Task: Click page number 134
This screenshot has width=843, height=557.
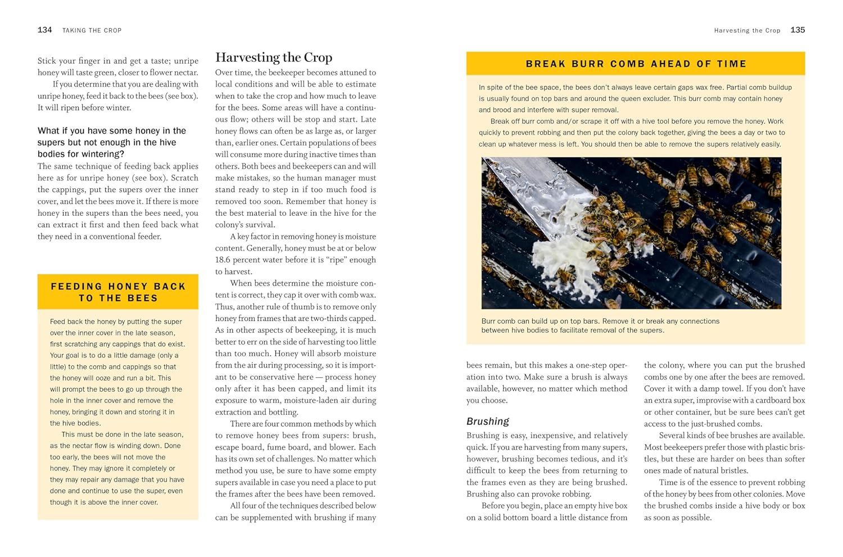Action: click(44, 30)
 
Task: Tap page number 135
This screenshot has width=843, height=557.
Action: click(797, 30)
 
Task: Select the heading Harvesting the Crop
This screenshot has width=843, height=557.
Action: click(274, 57)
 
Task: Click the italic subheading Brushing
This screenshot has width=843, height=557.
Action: click(487, 421)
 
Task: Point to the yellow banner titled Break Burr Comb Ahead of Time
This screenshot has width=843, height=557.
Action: click(636, 64)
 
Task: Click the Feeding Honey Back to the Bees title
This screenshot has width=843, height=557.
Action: click(118, 292)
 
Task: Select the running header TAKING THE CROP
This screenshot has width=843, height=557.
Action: click(92, 30)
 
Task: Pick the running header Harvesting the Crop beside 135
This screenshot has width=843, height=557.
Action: click(747, 30)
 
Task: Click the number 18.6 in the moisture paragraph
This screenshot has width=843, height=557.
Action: click(225, 260)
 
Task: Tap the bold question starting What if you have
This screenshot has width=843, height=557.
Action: click(112, 142)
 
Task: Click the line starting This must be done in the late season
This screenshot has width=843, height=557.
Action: click(122, 434)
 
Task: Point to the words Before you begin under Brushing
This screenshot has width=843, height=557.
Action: click(508, 506)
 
